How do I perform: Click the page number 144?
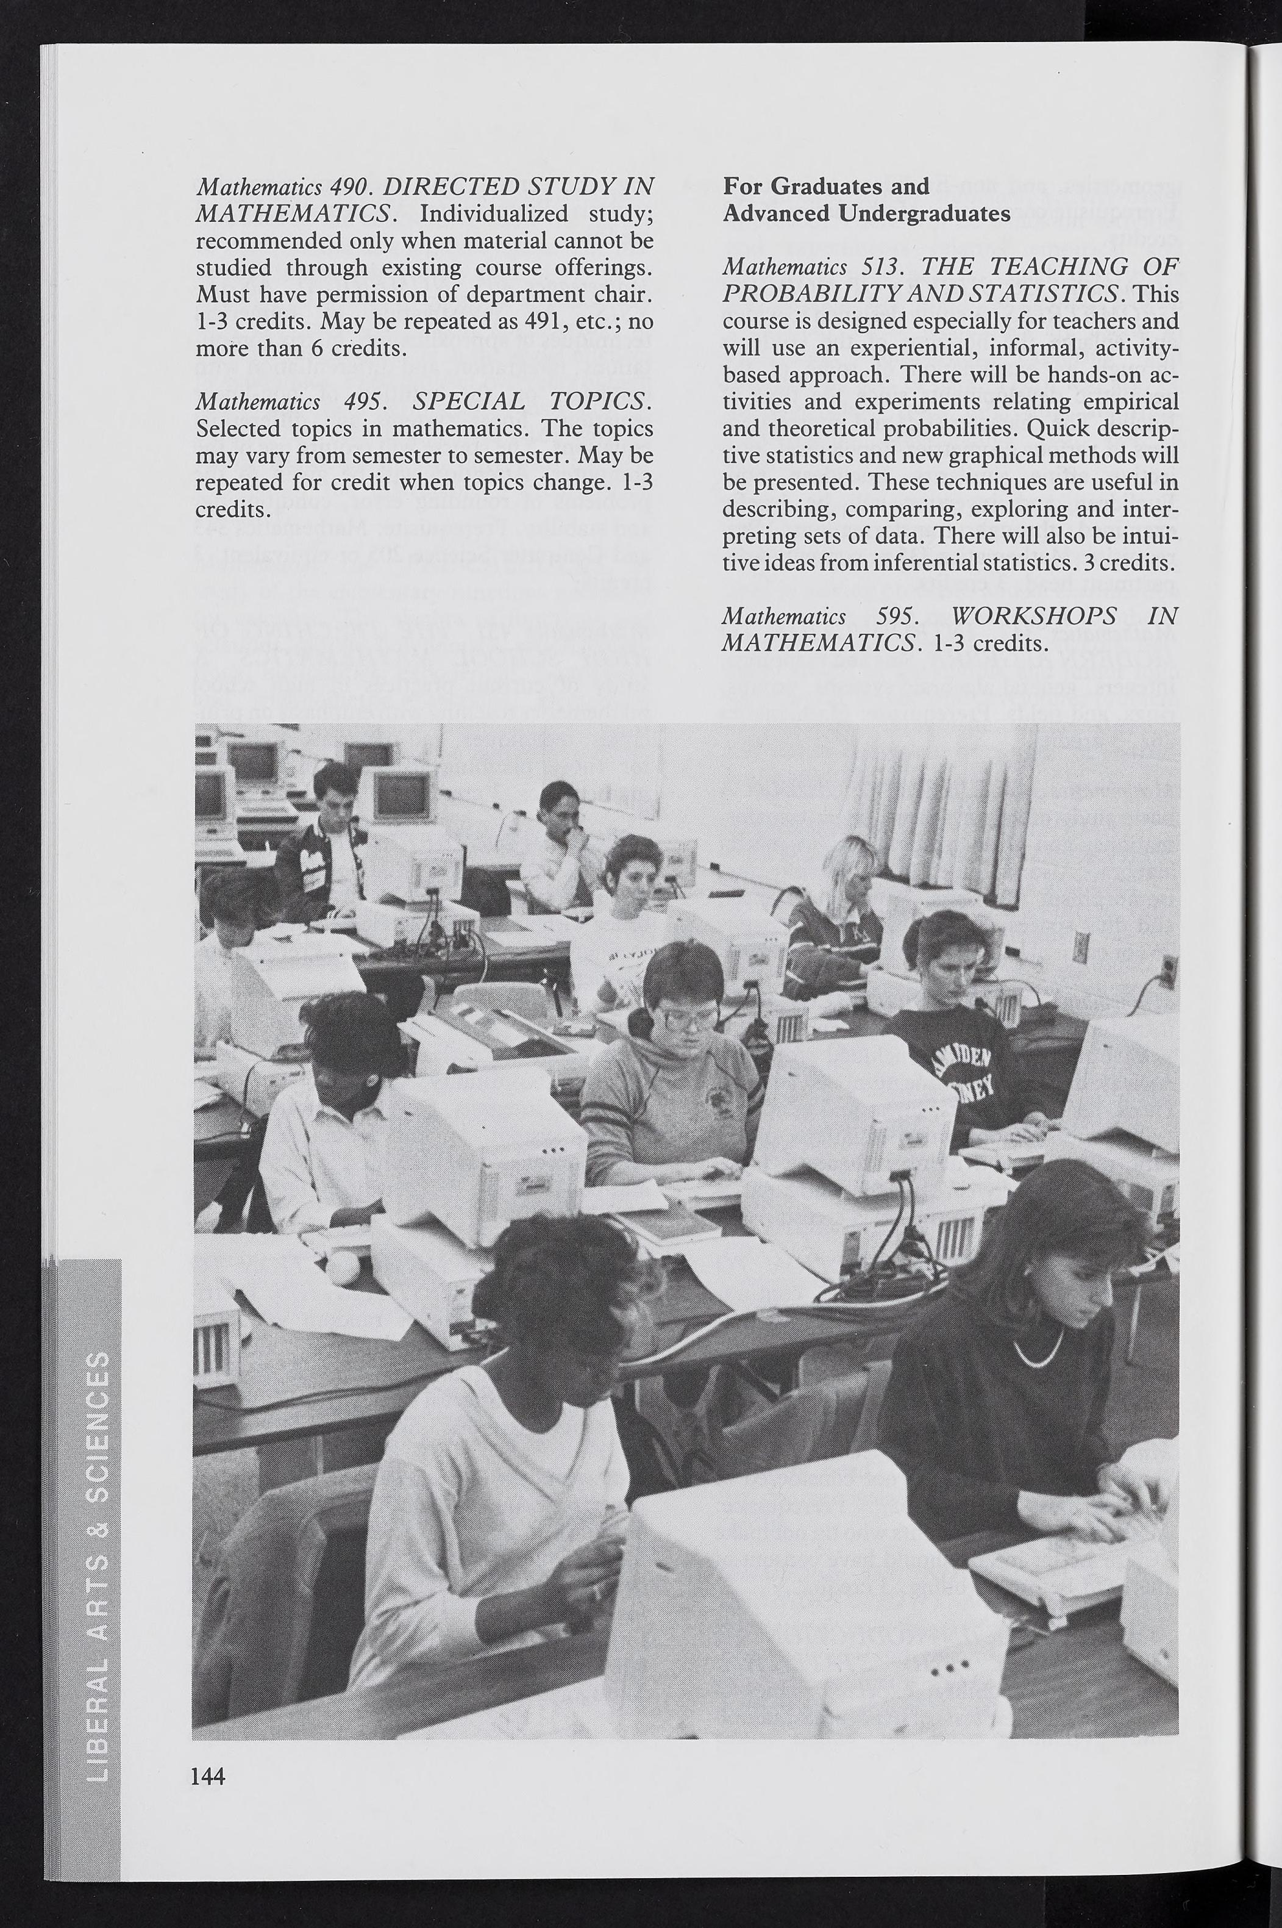(208, 1770)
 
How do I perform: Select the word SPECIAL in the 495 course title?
(470, 401)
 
